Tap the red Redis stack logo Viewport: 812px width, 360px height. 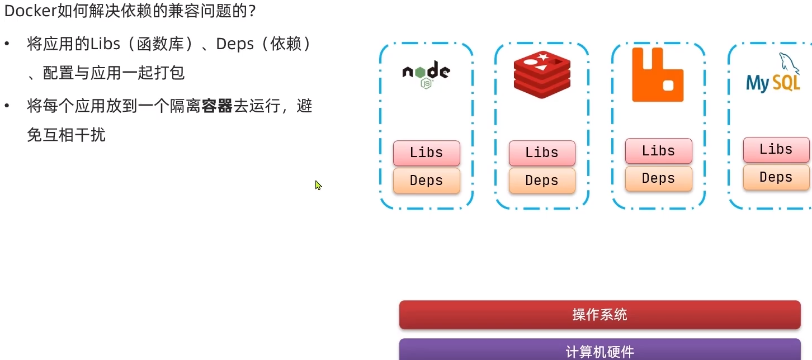[542, 74]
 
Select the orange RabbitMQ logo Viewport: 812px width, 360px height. [658, 75]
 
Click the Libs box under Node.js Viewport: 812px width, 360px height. [426, 153]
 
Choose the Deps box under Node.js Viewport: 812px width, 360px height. [426, 181]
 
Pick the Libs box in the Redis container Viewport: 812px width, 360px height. [542, 153]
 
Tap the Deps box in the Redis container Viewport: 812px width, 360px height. [542, 181]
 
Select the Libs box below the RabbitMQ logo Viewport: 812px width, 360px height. [658, 151]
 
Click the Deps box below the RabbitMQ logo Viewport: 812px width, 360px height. [658, 178]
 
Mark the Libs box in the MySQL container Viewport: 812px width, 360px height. [776, 149]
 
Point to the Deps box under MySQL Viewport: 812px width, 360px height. [776, 177]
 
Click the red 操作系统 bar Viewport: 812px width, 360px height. [599, 315]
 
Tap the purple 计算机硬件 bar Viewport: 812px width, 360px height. [599, 350]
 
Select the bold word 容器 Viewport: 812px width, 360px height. [217, 106]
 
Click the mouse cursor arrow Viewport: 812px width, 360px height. [318, 184]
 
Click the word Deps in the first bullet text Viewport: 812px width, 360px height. [234, 44]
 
